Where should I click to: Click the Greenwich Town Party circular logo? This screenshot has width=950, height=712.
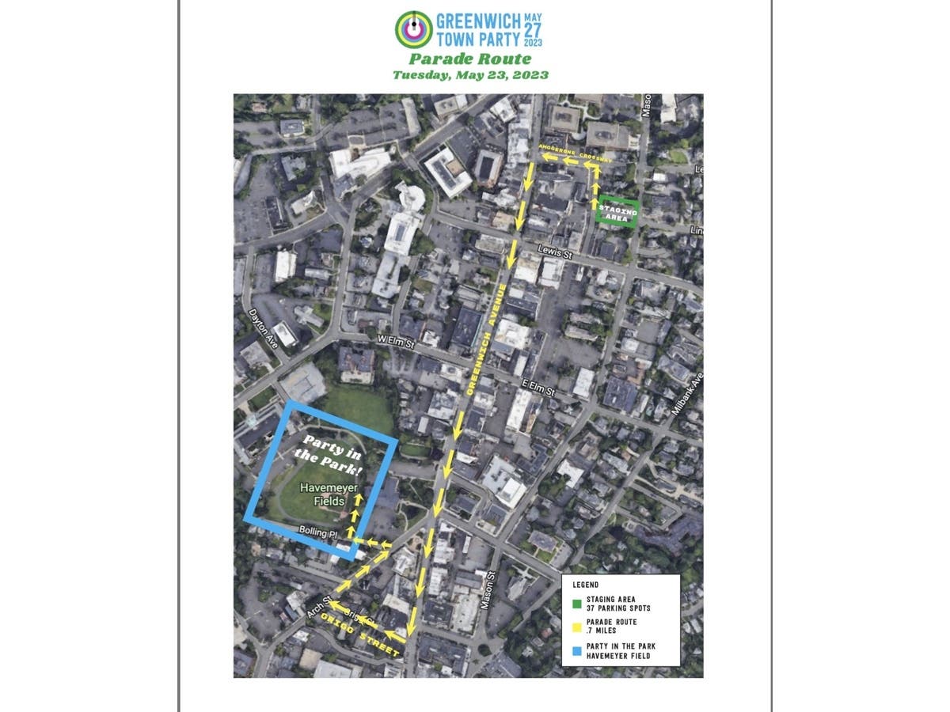(414, 30)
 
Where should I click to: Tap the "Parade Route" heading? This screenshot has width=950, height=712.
(470, 59)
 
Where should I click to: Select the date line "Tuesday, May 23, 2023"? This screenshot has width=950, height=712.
(470, 75)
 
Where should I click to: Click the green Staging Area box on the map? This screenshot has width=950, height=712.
(617, 211)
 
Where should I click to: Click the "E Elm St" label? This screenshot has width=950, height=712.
(538, 388)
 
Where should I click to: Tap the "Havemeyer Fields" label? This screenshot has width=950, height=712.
(322, 494)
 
